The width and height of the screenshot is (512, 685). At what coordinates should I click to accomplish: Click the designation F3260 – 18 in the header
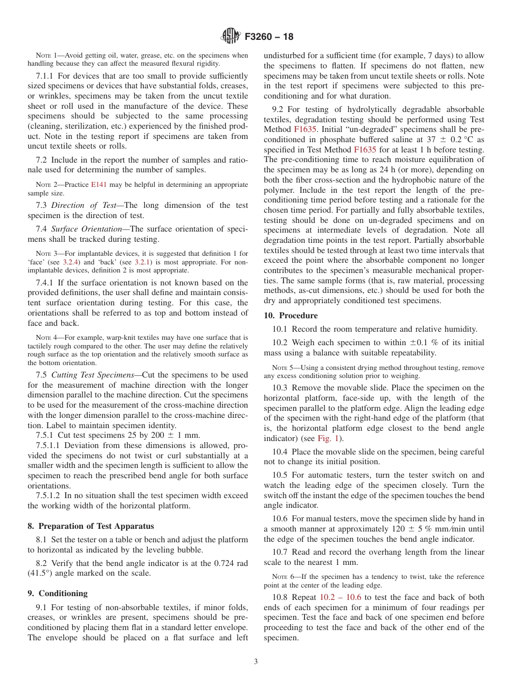coord(269,37)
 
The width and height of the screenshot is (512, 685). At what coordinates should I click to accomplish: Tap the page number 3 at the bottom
coord(256,662)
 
